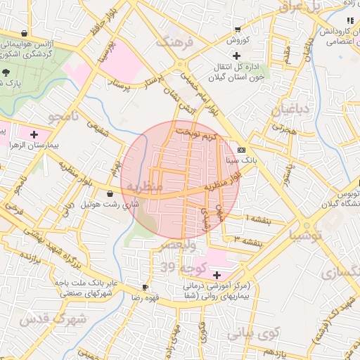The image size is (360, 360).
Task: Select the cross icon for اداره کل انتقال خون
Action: coord(236,56)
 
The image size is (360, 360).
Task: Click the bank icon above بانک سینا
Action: coord(242,150)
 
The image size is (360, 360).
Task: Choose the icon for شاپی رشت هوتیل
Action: coord(110,194)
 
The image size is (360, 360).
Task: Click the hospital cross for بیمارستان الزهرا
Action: coord(34,133)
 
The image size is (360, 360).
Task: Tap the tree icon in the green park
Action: coord(6,72)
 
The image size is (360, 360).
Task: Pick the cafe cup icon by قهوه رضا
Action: coord(145,287)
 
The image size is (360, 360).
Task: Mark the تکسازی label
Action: coord(335,272)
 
